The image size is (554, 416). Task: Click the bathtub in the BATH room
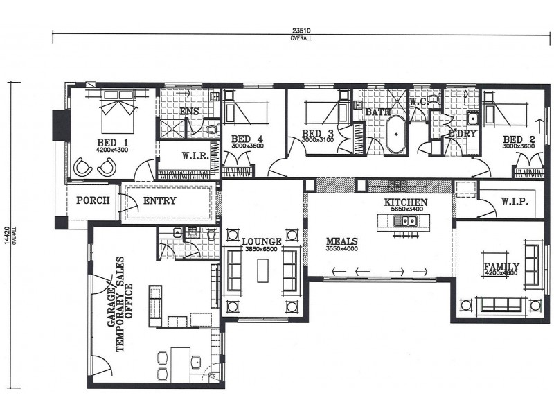click(395, 135)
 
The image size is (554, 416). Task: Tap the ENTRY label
click(159, 201)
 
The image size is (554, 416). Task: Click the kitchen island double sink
click(404, 221)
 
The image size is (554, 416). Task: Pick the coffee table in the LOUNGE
click(262, 270)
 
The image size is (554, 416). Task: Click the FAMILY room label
click(502, 266)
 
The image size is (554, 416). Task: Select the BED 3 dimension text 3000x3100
click(319, 140)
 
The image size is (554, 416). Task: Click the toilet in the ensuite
click(212, 129)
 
